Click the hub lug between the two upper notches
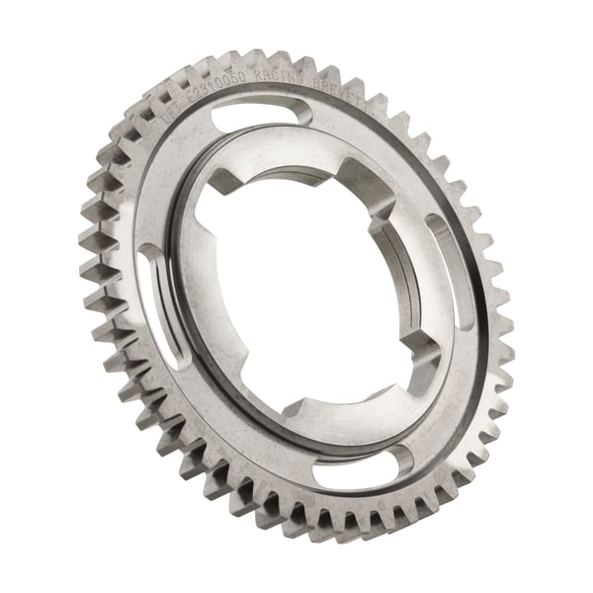[296, 163]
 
